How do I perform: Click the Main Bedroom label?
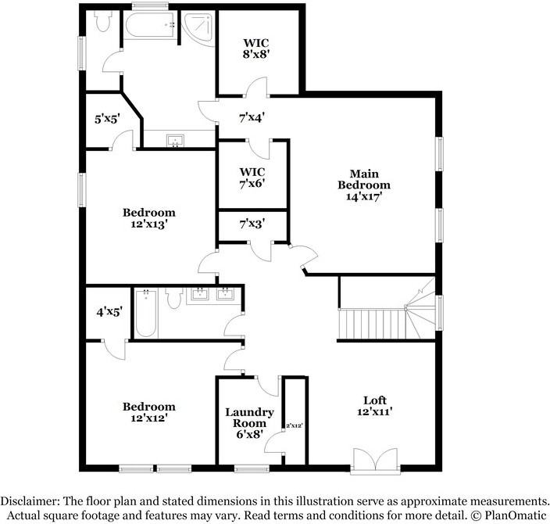[363, 185]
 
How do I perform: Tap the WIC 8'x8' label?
[259, 48]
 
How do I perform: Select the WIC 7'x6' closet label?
[253, 178]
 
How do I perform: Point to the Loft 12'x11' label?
[375, 405]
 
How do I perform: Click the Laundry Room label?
[249, 423]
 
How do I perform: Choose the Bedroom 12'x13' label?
[148, 218]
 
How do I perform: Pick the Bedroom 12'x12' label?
[148, 412]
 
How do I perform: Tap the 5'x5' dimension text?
[108, 120]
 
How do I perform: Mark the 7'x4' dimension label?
[252, 118]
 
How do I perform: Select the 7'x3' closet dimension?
[252, 224]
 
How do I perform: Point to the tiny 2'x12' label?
[293, 425]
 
